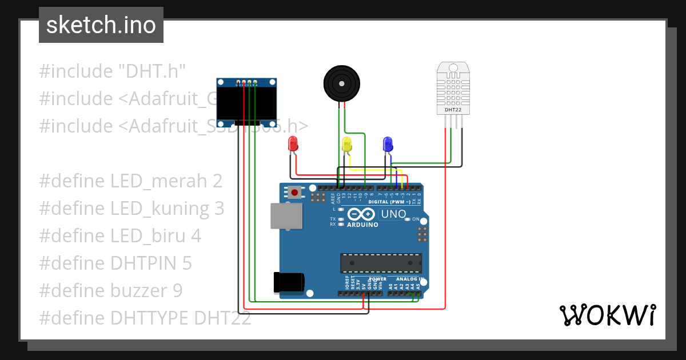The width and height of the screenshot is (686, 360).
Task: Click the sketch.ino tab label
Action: point(101,25)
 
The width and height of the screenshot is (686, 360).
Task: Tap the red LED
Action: point(293,143)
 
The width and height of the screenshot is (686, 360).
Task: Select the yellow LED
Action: point(346,144)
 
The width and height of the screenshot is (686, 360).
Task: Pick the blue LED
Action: point(388,143)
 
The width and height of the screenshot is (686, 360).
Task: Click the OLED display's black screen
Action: point(245,103)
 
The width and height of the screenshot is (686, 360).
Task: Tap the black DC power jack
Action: point(289,282)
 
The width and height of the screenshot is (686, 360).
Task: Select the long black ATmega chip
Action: point(381,263)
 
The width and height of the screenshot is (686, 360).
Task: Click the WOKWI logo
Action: point(607,315)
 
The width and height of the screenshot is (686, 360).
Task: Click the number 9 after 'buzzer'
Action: point(177,290)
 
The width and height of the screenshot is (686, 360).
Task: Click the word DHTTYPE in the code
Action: point(150,318)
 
